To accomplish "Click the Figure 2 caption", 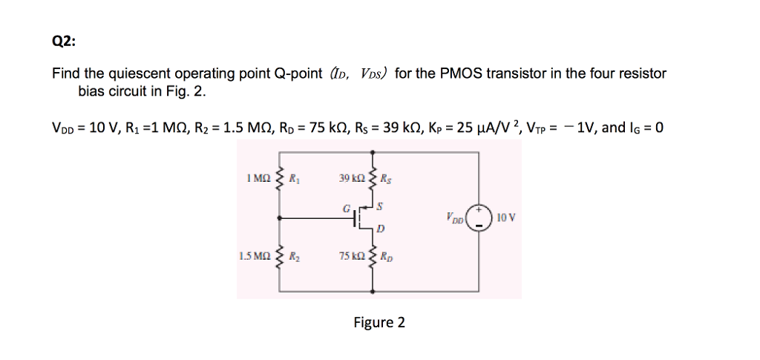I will coord(379,322).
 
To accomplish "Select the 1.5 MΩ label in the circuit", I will coord(254,256).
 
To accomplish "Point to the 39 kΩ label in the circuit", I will coord(350,178).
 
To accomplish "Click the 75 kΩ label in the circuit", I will coord(350,256).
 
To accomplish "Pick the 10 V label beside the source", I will coord(507,217).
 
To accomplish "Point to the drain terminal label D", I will coord(380,231).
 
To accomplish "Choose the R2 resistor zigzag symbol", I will coord(279,256).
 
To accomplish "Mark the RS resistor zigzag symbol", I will coord(373,178).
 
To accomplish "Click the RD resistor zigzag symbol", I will coord(373,256).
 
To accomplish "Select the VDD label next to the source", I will coord(455,220).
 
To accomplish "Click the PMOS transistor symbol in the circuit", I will coord(361,217).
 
